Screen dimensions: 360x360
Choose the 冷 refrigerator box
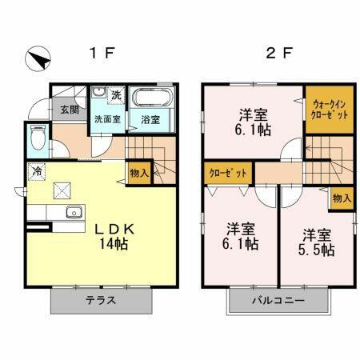[37, 170]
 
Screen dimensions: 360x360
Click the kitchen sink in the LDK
[73, 212]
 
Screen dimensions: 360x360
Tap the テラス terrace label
[101, 301]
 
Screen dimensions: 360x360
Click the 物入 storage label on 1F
[138, 173]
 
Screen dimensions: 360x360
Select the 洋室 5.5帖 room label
[318, 242]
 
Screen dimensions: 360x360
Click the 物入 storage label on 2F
[341, 197]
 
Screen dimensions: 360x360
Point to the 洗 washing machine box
[116, 95]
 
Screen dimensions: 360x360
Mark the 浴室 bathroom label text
[150, 120]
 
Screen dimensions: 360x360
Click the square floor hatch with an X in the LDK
[62, 190]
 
